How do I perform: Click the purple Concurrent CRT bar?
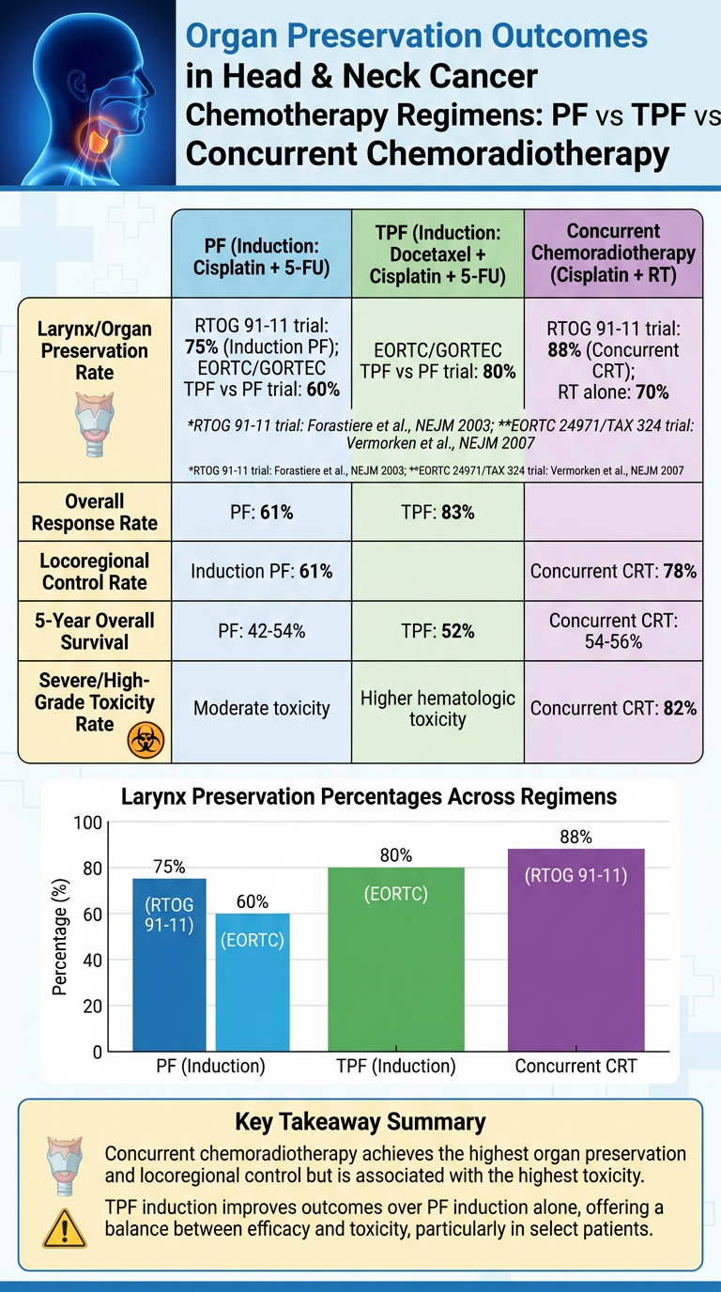[575, 950]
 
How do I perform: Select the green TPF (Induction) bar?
[396, 960]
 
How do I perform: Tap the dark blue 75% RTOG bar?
[169, 965]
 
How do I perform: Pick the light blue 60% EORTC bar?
[253, 982]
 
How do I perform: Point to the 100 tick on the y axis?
[87, 823]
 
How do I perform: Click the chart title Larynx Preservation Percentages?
[369, 796]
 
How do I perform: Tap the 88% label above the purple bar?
[575, 837]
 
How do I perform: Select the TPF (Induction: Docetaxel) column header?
[437, 254]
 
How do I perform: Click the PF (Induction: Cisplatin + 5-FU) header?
[261, 256]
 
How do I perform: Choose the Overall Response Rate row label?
[95, 512]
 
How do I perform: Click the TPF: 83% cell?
[437, 512]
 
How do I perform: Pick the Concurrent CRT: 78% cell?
[613, 571]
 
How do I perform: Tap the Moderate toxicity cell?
[261, 708]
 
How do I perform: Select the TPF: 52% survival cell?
[437, 631]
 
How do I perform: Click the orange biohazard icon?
[146, 740]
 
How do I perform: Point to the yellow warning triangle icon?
[65, 1228]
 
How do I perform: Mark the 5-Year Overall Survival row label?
[95, 631]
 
